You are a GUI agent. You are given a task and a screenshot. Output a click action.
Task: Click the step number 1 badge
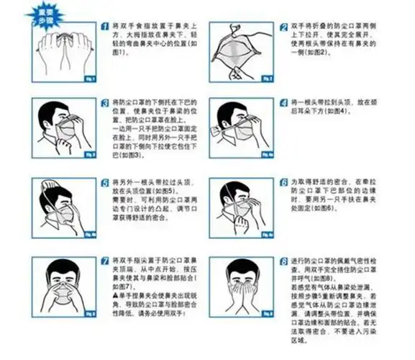tap(106, 26)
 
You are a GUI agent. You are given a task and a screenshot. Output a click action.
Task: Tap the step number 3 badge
tap(106, 102)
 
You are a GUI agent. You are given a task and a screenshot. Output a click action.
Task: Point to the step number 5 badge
tap(106, 183)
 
